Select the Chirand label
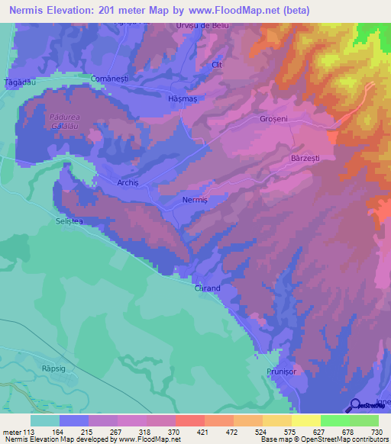point(207,288)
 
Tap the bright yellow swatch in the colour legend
point(305,421)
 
